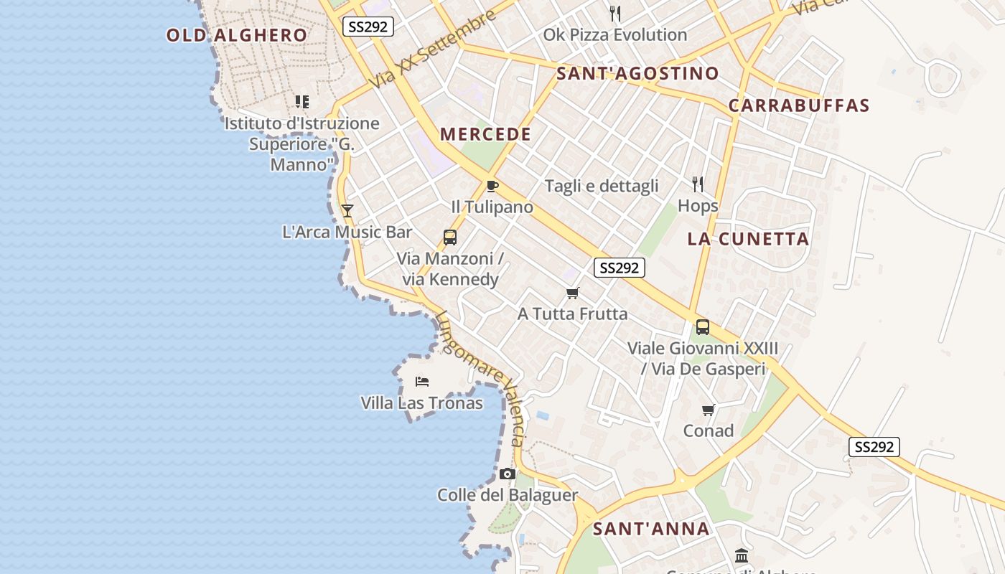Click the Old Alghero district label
tap(237, 35)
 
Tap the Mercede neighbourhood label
tap(486, 134)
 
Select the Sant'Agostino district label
tap(637, 73)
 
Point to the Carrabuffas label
tap(799, 105)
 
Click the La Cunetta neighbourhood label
tap(748, 239)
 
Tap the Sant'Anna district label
tap(651, 530)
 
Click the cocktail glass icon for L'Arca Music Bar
tap(347, 210)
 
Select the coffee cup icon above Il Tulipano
tap(492, 187)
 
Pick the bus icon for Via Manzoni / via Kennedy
tap(450, 237)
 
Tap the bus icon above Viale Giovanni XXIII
tap(703, 327)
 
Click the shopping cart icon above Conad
tap(709, 410)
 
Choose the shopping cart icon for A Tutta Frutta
tap(572, 293)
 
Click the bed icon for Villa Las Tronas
tap(422, 382)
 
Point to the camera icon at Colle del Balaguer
tap(508, 474)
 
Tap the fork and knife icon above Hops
tap(698, 184)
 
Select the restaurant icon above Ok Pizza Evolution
tap(614, 13)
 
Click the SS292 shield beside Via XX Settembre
tap(368, 27)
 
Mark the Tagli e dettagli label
tap(602, 187)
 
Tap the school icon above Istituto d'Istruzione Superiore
tap(302, 102)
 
